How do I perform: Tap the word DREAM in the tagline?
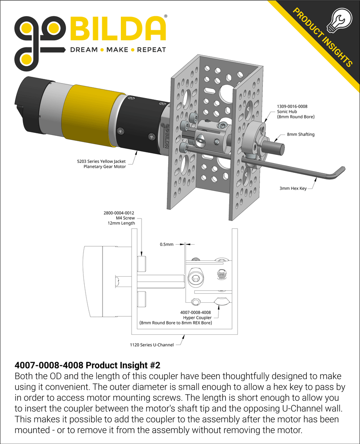click(83, 50)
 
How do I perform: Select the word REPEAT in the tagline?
click(152, 50)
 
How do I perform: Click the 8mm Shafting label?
click(301, 134)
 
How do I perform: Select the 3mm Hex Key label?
click(293, 188)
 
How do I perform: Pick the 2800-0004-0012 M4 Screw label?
click(119, 218)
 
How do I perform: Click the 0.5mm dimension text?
click(167, 245)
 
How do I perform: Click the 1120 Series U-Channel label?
click(152, 344)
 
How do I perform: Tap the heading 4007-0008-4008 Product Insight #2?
click(87, 366)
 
